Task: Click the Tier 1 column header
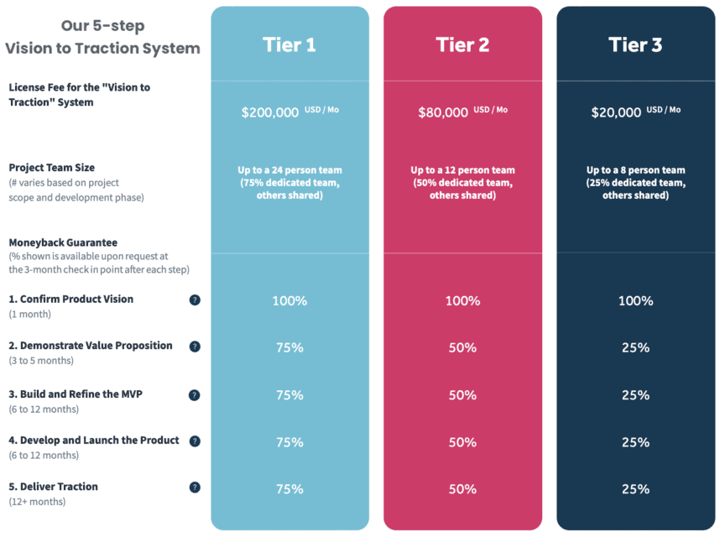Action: pos(289,45)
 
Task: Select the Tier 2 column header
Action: pos(462,45)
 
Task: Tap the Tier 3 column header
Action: pos(635,45)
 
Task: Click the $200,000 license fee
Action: pos(270,112)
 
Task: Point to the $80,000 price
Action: pos(443,112)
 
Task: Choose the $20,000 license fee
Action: pos(617,112)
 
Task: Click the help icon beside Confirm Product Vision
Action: pos(195,300)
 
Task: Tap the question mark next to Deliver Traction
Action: pos(195,487)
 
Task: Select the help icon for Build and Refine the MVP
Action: pos(195,394)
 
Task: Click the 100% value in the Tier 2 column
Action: pos(462,300)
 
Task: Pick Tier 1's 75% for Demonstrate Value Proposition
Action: pos(289,347)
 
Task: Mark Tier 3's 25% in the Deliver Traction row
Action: pos(635,489)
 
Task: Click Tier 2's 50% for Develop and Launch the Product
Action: pos(462,442)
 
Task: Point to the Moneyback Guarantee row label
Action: pos(63,242)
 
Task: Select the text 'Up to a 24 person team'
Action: pos(289,170)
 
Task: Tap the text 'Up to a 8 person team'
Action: pos(635,170)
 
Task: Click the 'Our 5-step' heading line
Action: pos(102,25)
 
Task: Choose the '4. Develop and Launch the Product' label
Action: pos(94,440)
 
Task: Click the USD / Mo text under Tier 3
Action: pos(664,110)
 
